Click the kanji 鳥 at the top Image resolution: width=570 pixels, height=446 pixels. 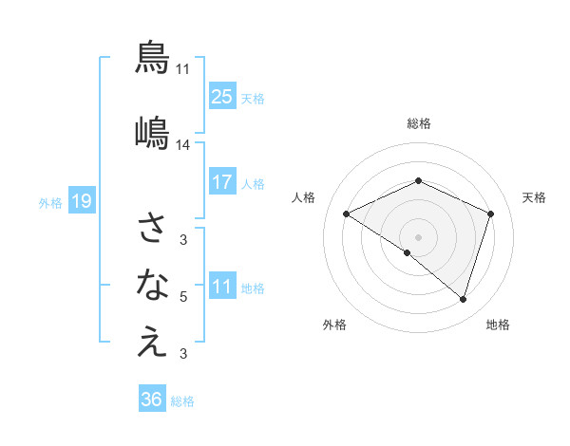point(152,57)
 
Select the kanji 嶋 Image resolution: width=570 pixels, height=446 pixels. point(152,133)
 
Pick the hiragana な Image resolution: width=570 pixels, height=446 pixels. point(152,284)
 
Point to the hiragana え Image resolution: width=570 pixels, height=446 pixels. point(152,343)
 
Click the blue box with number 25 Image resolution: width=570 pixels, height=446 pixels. point(222,97)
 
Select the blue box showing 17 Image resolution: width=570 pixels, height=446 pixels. point(222,182)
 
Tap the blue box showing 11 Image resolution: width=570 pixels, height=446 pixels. point(222,287)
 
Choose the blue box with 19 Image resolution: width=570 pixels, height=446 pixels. point(81,201)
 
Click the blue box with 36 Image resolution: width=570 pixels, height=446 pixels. point(152,400)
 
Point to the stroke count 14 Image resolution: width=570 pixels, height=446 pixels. point(183,145)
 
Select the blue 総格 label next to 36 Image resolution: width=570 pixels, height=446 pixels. point(182,401)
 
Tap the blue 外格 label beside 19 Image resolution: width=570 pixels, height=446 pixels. point(50,202)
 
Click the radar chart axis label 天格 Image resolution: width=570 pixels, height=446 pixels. point(534,197)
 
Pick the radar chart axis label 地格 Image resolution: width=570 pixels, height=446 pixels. point(498,325)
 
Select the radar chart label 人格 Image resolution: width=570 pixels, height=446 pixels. point(304,197)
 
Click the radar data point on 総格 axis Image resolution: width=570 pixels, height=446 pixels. point(418,180)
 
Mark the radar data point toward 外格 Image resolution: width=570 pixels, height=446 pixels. point(408,252)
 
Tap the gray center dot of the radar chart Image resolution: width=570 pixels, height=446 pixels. point(418,236)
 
